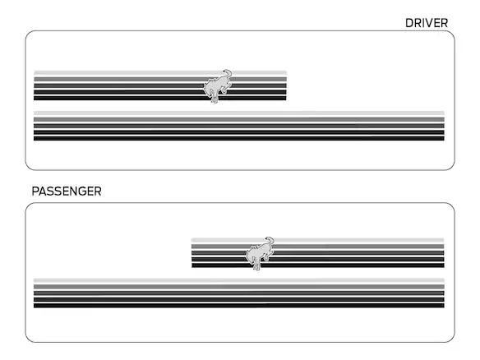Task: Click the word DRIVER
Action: [x=427, y=23]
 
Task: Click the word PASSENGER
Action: [x=67, y=192]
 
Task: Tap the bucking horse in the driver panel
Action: [x=218, y=86]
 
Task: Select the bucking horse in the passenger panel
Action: [x=260, y=253]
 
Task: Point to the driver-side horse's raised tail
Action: [x=227, y=73]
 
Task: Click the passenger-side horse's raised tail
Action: [x=270, y=241]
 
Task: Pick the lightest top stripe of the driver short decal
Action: [x=160, y=73]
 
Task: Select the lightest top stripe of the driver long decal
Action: [x=239, y=113]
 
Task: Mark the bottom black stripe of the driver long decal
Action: [x=239, y=138]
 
